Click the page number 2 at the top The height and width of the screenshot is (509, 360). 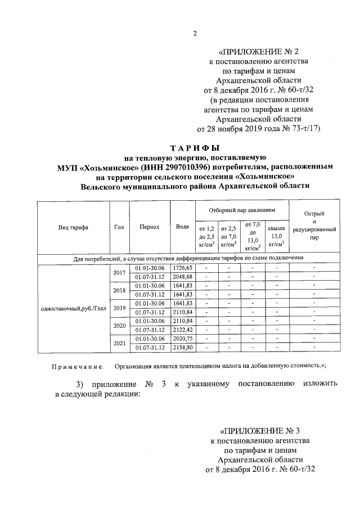(x=195, y=33)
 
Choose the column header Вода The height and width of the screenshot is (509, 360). (x=182, y=227)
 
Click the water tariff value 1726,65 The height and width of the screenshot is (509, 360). (x=183, y=268)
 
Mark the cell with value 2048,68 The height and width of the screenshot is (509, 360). (x=183, y=277)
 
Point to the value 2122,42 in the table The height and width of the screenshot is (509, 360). (x=183, y=329)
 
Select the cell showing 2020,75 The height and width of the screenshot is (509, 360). (x=183, y=339)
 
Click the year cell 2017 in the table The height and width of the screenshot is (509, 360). (x=119, y=272)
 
